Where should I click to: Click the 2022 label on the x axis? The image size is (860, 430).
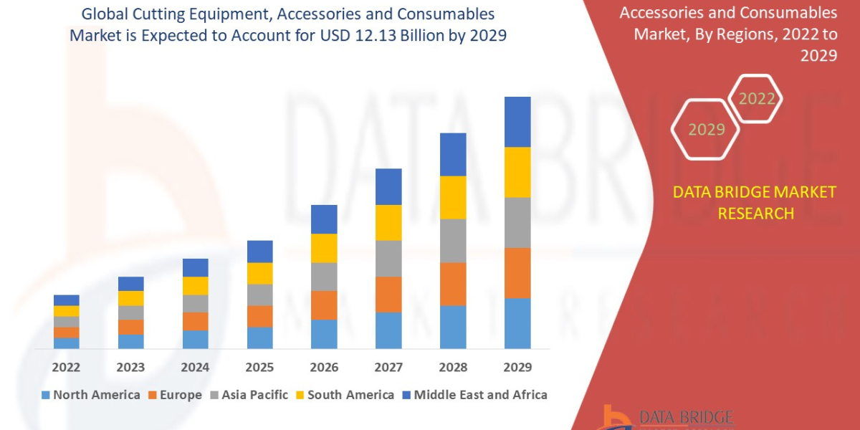click(x=66, y=367)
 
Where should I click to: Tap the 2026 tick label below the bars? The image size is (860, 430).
click(x=324, y=367)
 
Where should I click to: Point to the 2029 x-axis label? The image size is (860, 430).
click(x=517, y=367)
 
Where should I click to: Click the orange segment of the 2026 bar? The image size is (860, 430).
click(x=324, y=305)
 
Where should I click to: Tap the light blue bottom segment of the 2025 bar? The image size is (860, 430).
click(x=259, y=338)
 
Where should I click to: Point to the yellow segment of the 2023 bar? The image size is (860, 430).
click(x=130, y=298)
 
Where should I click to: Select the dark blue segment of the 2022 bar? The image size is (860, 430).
click(x=66, y=300)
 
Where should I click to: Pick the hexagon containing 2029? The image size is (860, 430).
click(x=707, y=130)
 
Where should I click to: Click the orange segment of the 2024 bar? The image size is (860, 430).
click(x=195, y=321)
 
